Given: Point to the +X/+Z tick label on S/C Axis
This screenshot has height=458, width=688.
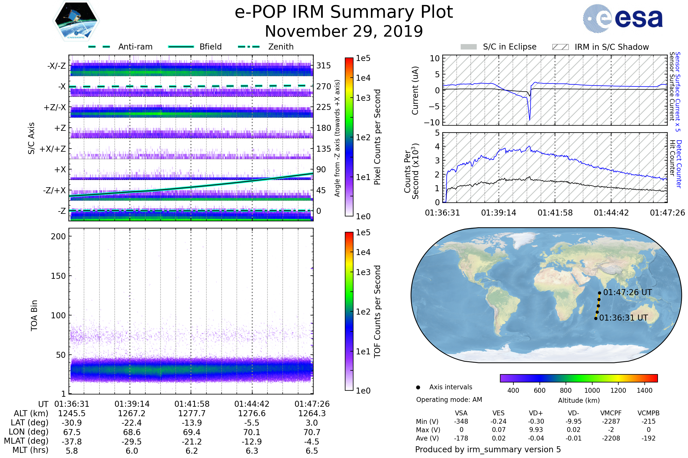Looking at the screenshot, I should coord(53,149).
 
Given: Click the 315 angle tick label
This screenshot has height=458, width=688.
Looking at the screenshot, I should coord(324,66).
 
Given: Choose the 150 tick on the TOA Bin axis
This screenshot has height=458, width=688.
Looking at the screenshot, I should coord(58,276).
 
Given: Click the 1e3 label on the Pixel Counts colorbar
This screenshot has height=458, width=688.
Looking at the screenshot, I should coord(363,98).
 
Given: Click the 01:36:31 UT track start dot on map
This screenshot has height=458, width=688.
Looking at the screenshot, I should coord(596,318).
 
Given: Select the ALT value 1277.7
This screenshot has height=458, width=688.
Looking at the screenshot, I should coord(192,414).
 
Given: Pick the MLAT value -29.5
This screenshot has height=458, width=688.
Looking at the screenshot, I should coord(132,442).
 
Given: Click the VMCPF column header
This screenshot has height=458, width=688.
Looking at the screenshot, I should coord(611,413).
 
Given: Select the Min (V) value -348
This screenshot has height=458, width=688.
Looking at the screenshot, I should coord(461,421).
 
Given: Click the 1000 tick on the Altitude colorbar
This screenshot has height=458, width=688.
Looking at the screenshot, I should coord(592,390).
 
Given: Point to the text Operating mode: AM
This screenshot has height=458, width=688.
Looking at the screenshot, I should coord(449,400).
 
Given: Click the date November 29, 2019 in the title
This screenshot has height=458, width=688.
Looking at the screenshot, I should coord(344,31).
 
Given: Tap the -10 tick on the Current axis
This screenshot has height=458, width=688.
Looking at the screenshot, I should coord(432,123).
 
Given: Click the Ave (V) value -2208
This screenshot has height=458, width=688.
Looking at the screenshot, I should coord(611,439).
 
